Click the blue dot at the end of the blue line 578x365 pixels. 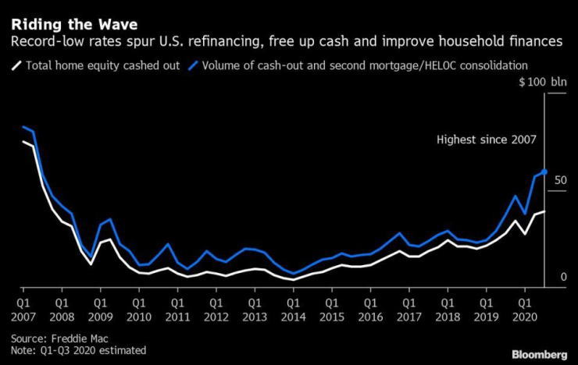(544, 172)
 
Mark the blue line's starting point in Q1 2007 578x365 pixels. (24, 127)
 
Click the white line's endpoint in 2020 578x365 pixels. (544, 211)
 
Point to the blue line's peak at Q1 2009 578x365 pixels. (110, 220)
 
